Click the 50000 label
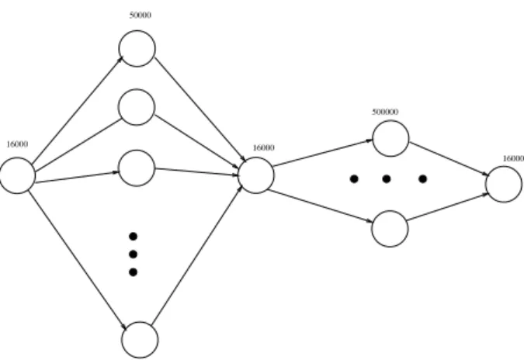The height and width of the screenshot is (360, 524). [x=141, y=15]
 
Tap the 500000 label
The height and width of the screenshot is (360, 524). [x=385, y=112]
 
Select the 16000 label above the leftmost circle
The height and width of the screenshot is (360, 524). [x=17, y=144]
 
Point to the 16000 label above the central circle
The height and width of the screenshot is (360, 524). [x=264, y=147]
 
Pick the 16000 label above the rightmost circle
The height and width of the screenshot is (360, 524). [x=514, y=158]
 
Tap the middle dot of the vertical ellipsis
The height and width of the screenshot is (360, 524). [x=133, y=254]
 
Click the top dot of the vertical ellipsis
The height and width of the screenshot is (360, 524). [x=133, y=237]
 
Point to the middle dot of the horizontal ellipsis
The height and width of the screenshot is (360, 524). [x=387, y=179]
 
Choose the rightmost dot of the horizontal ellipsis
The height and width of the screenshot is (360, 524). [x=423, y=179]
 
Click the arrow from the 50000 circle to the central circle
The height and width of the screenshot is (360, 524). [x=200, y=109]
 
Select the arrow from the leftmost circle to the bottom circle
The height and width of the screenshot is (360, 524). [x=78, y=261]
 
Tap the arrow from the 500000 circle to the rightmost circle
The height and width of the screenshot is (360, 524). [x=449, y=159]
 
